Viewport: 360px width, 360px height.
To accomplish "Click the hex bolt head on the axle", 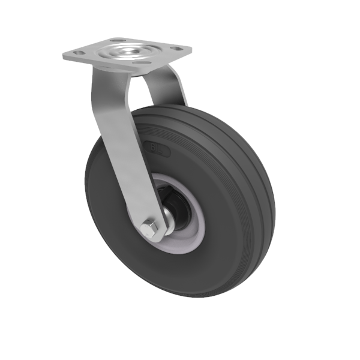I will [152, 228].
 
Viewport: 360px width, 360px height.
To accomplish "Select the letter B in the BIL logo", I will [152, 146].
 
